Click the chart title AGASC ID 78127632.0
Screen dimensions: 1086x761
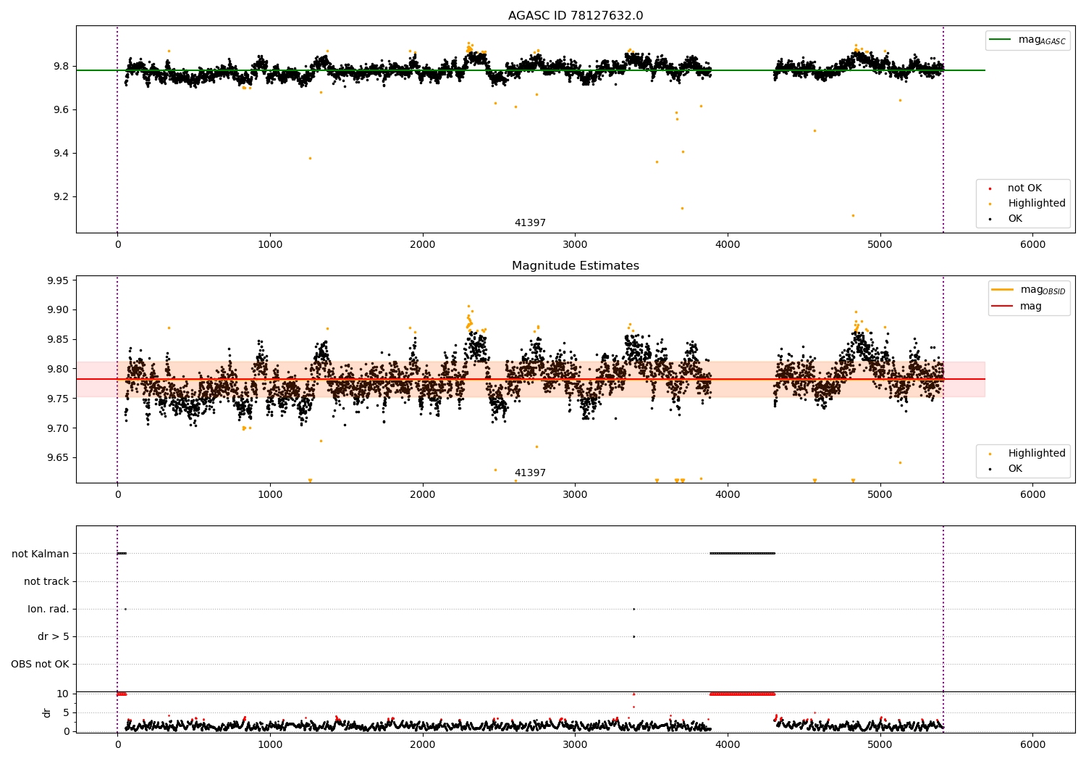(x=576, y=15)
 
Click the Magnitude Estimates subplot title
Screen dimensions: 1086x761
(x=576, y=265)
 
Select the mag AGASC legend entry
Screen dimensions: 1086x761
(x=1028, y=40)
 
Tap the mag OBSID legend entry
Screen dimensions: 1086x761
(x=1029, y=290)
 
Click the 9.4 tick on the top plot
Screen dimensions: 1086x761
(x=62, y=154)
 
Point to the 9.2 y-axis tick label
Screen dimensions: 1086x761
(x=62, y=197)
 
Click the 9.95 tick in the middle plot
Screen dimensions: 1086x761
(x=59, y=280)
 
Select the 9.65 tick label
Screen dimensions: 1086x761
(x=59, y=457)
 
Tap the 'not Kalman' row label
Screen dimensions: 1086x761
(x=41, y=554)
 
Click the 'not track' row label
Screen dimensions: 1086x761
(x=46, y=581)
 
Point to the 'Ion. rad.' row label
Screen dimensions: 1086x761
(x=48, y=609)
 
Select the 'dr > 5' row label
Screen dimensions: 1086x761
(x=54, y=637)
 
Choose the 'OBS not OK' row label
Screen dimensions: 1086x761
(x=41, y=664)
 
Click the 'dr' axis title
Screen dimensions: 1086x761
(x=46, y=713)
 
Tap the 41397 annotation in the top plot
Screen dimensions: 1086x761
(x=530, y=223)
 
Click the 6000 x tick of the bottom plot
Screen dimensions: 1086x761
(x=1032, y=746)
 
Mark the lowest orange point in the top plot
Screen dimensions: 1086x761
(x=853, y=215)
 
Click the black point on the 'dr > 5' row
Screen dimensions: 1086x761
(x=633, y=637)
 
